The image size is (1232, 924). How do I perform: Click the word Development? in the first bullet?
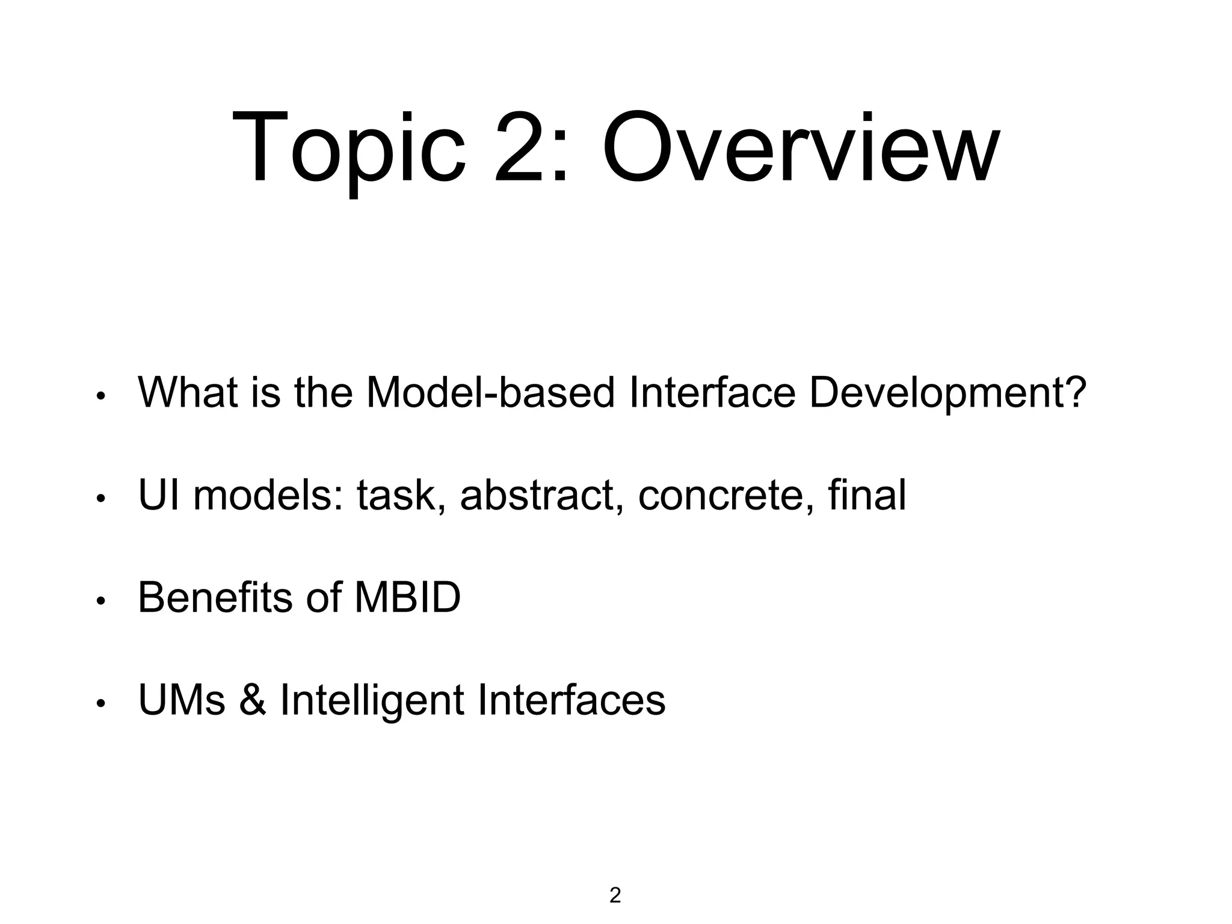pos(947,393)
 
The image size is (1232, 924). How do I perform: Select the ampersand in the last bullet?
pos(252,700)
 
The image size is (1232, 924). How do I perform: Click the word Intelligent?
pos(372,700)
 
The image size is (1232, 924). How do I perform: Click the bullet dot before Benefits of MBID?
pos(101,601)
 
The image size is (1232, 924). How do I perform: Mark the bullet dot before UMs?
pos(101,703)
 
